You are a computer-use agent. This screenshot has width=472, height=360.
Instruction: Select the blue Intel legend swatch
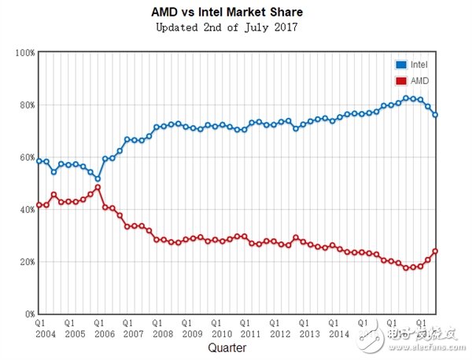pyautogui.click(x=401, y=64)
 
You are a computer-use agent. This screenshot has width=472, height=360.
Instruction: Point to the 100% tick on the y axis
pyautogui.click(x=24, y=53)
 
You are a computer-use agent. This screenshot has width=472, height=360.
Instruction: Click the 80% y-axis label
pyautogui.click(x=25, y=105)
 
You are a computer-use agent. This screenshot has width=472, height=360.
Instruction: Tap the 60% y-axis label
pyautogui.click(x=25, y=157)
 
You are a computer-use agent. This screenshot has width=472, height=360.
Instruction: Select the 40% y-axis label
pyautogui.click(x=25, y=209)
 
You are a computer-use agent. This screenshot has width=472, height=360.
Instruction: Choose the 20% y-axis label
pyautogui.click(x=25, y=261)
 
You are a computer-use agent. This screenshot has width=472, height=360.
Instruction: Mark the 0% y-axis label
pyautogui.click(x=28, y=314)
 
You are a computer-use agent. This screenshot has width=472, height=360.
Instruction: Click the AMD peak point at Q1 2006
pyautogui.click(x=98, y=187)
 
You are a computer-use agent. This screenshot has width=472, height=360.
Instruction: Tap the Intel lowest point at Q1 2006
pyautogui.click(x=98, y=178)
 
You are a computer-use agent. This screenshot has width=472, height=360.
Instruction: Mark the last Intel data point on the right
pyautogui.click(x=435, y=115)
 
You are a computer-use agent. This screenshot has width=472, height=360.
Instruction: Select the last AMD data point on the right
pyautogui.click(x=435, y=252)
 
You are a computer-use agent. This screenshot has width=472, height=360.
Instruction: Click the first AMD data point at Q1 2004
pyautogui.click(x=39, y=205)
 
